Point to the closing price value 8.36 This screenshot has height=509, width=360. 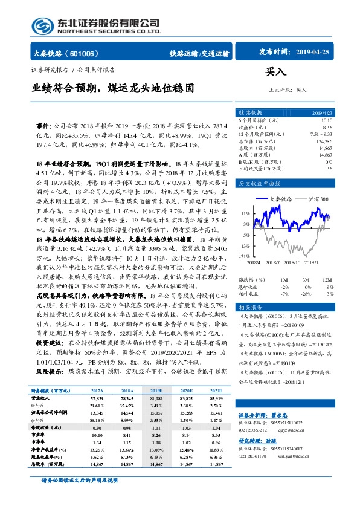tap(327, 128)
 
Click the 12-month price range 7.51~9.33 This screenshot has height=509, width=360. tap(320, 134)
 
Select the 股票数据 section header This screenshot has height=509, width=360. tap(250, 113)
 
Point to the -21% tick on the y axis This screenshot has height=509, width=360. tap(244, 256)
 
